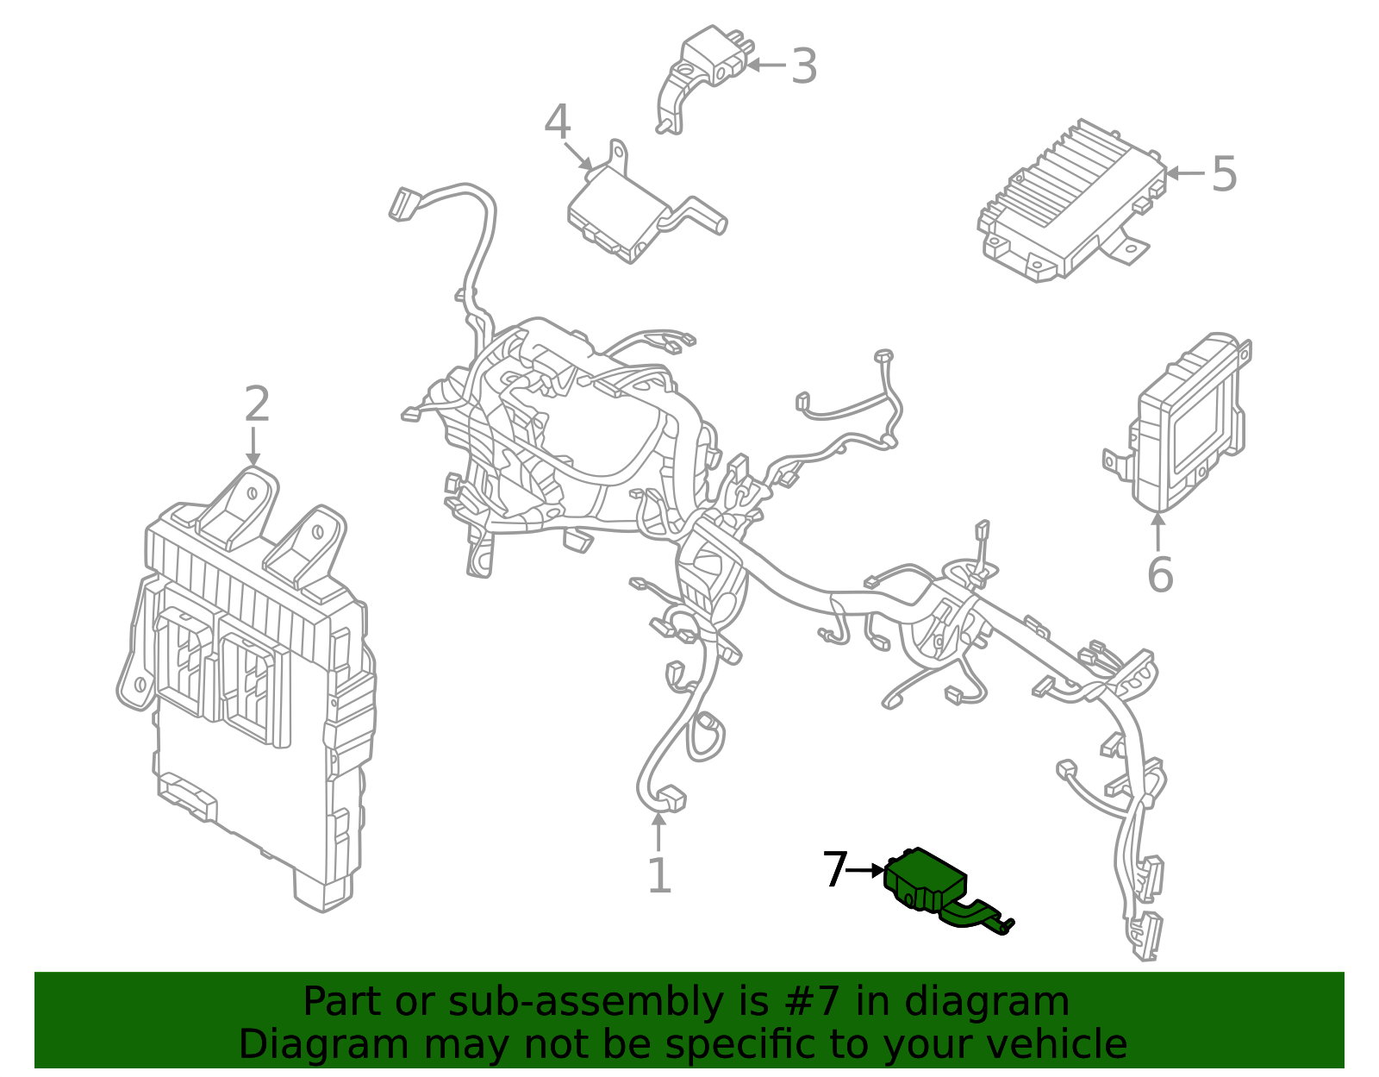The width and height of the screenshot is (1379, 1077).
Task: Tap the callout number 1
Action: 659,876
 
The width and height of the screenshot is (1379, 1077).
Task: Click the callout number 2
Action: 257,404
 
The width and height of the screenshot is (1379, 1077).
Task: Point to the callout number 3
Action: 803,66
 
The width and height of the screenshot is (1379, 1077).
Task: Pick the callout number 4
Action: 558,122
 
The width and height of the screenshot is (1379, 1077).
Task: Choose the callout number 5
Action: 1224,174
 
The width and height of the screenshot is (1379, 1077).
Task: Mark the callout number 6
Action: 1160,575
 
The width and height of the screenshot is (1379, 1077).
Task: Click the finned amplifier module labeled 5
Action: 1069,198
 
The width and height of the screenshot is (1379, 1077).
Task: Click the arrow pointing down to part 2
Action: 253,447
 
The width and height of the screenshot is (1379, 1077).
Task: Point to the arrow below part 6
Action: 1158,530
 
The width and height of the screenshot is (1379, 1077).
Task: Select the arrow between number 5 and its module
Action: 1184,173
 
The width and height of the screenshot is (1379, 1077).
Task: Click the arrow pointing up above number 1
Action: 658,832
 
